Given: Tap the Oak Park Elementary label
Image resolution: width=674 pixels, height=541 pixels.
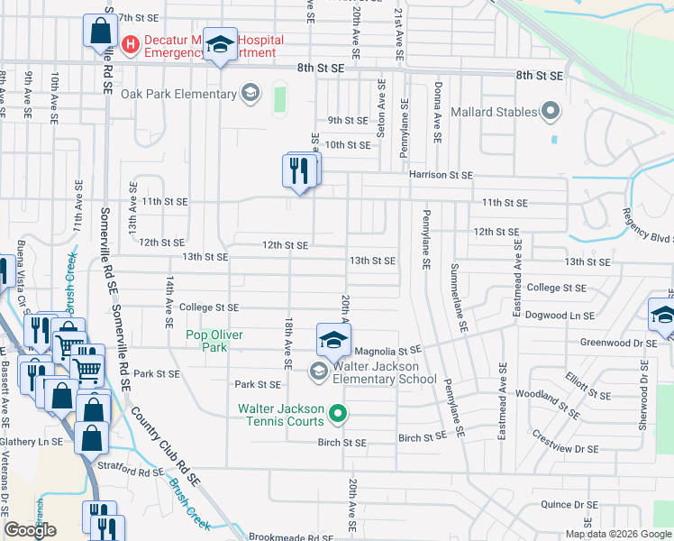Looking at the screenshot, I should click(179, 94).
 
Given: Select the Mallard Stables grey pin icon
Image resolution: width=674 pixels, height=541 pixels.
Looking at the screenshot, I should click(551, 113).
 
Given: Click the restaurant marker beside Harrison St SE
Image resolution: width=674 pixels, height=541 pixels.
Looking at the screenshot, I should click(300, 170).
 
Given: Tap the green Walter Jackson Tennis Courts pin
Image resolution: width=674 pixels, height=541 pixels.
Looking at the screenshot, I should click(338, 415).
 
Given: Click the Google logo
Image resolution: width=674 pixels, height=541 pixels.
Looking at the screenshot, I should click(30, 530).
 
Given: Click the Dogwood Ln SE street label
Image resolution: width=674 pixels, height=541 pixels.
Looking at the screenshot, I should click(561, 316).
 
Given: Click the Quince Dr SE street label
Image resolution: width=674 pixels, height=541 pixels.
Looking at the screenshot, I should click(569, 505).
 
